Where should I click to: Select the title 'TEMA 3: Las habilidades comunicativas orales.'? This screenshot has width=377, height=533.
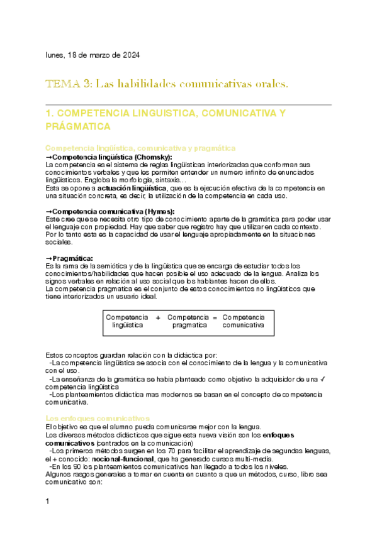tap(167, 84)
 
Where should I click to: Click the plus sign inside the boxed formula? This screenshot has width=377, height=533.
tap(157, 317)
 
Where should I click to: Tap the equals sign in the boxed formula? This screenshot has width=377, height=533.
tap(215, 317)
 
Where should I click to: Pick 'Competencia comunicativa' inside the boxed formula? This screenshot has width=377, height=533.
tap(244, 321)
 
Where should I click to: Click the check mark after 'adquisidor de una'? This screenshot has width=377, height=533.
tap(322, 379)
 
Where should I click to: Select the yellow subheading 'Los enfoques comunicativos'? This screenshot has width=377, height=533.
tap(98, 417)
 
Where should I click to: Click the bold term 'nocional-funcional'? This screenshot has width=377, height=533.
tap(127, 459)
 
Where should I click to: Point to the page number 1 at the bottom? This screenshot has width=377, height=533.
tap(48, 501)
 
